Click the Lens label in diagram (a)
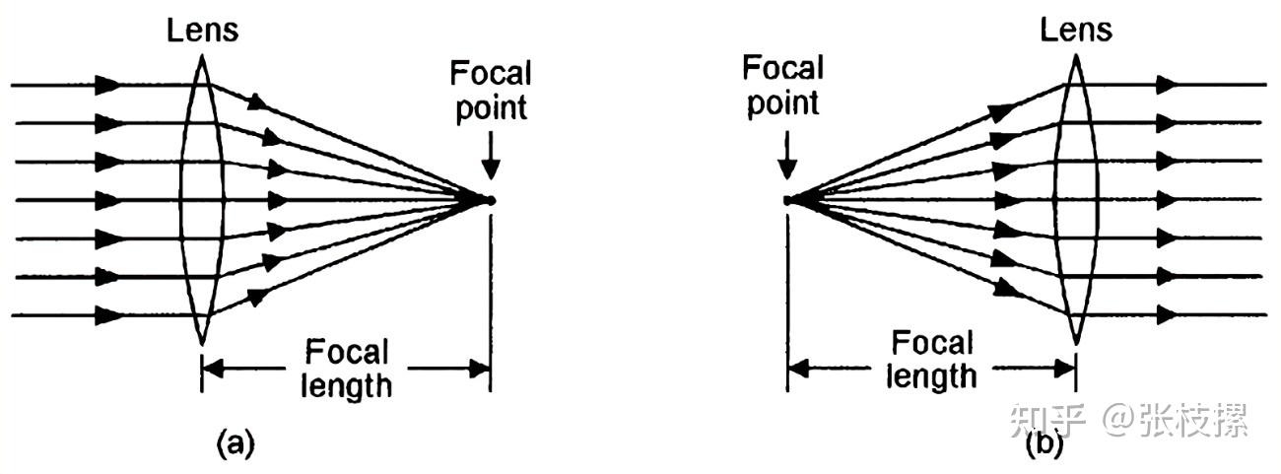pyautogui.click(x=203, y=30)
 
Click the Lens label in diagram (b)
pyautogui.click(x=1076, y=30)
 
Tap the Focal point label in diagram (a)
pyautogui.click(x=490, y=90)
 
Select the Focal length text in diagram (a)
pyautogui.click(x=347, y=368)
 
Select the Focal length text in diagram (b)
pyautogui.click(x=932, y=360)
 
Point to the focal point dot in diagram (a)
pyautogui.click(x=490, y=200)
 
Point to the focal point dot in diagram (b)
pyautogui.click(x=787, y=200)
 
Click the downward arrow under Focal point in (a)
pyautogui.click(x=491, y=158)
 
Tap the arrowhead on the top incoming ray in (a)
pyautogui.click(x=108, y=85)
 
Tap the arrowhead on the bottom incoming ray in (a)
pyautogui.click(x=108, y=316)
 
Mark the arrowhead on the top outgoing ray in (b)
pyautogui.click(x=1169, y=85)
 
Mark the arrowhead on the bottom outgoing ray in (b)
pyautogui.click(x=1169, y=315)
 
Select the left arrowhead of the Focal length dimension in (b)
pyautogui.click(x=797, y=370)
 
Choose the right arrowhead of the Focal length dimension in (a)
pyautogui.click(x=480, y=370)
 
